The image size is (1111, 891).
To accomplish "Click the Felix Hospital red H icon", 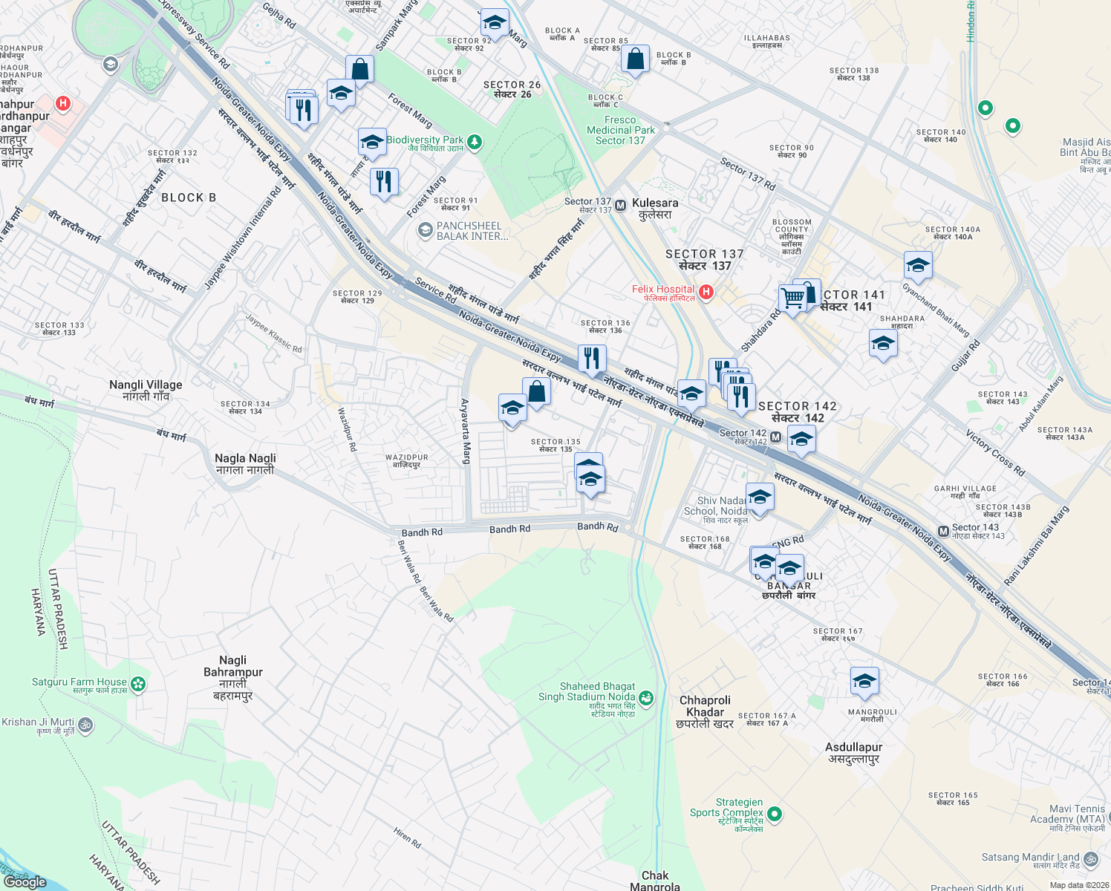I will tap(706, 293).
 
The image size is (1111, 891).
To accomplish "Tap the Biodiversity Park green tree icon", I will tap(475, 141).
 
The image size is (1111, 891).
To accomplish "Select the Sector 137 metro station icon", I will tap(620, 204).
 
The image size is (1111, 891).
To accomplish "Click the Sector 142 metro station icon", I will tap(775, 437).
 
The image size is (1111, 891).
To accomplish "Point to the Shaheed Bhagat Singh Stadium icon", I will tap(647, 697).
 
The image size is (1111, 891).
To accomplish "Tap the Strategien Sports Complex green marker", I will tap(775, 815).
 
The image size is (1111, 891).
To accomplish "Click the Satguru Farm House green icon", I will tap(137, 684).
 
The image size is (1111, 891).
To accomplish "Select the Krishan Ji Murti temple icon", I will tap(85, 725).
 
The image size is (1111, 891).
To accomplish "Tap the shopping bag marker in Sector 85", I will tap(636, 59).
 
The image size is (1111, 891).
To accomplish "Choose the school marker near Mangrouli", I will tap(864, 681).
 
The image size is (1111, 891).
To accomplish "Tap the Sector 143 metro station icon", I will tap(943, 531).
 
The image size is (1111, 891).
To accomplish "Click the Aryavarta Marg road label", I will tap(465, 431).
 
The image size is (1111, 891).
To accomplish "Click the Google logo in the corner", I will tap(26, 881).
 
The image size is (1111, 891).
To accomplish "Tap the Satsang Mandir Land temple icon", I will tap(1090, 859).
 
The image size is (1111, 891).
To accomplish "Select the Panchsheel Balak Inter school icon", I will tap(425, 230).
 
